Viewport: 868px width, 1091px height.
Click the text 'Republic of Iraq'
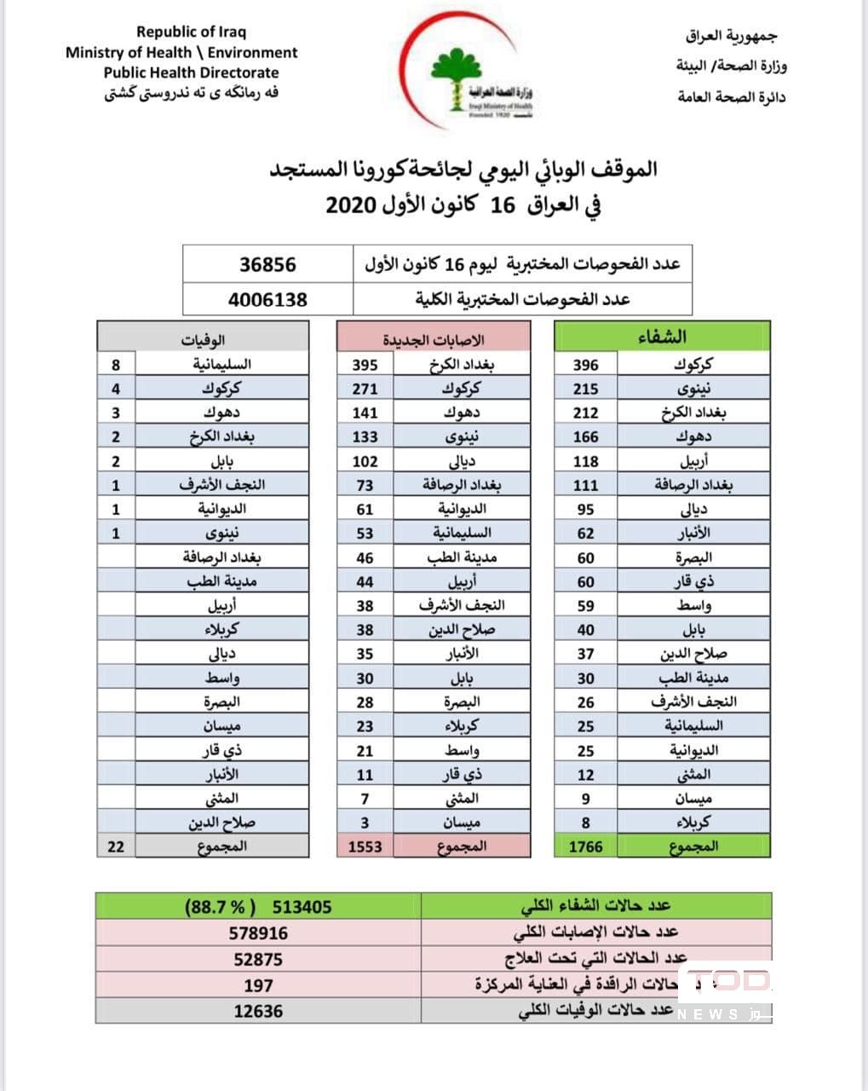click(191, 32)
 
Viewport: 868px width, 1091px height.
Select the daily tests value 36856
click(267, 264)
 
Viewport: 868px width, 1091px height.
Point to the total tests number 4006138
click(267, 299)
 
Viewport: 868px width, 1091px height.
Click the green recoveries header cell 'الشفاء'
click(663, 337)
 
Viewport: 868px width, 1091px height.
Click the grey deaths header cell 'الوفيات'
click(203, 338)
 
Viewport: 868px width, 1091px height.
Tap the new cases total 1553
click(365, 846)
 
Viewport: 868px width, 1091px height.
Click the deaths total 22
click(116, 846)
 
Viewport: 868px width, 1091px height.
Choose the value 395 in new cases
click(365, 365)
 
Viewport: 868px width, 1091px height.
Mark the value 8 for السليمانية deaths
click(116, 365)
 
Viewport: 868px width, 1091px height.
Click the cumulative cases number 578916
click(258, 932)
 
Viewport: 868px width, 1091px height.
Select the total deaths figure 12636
click(258, 1011)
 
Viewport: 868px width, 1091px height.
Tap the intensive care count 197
click(258, 985)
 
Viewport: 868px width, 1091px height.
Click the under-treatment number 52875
click(258, 959)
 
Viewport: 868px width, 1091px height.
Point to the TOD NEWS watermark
click(727, 993)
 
